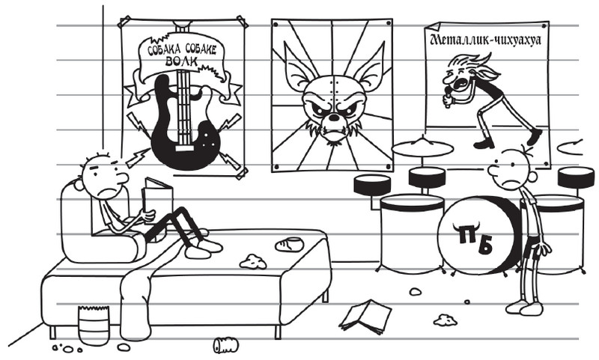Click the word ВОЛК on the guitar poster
tap(181, 61)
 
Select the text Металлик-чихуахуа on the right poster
tap(485, 40)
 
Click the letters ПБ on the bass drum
tap(475, 240)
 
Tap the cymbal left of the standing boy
tap(422, 147)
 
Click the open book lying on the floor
tap(365, 316)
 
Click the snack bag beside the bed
tap(94, 325)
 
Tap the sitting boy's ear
tap(79, 185)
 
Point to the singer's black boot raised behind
tap(534, 137)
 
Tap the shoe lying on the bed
tap(289, 244)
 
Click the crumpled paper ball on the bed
tap(253, 261)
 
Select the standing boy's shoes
tap(523, 307)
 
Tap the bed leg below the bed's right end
tap(325, 296)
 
